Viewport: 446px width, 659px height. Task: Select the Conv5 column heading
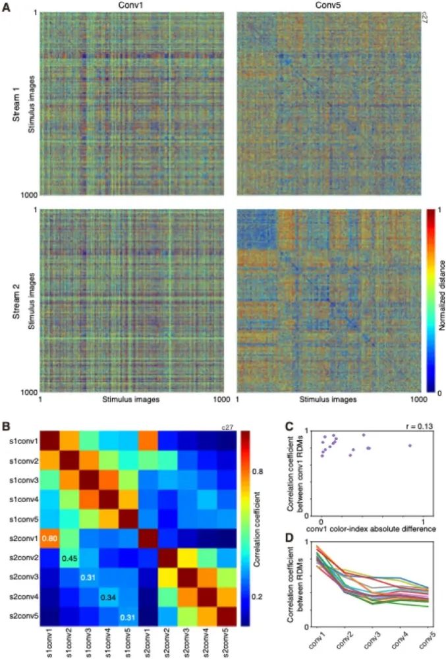pos(328,5)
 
